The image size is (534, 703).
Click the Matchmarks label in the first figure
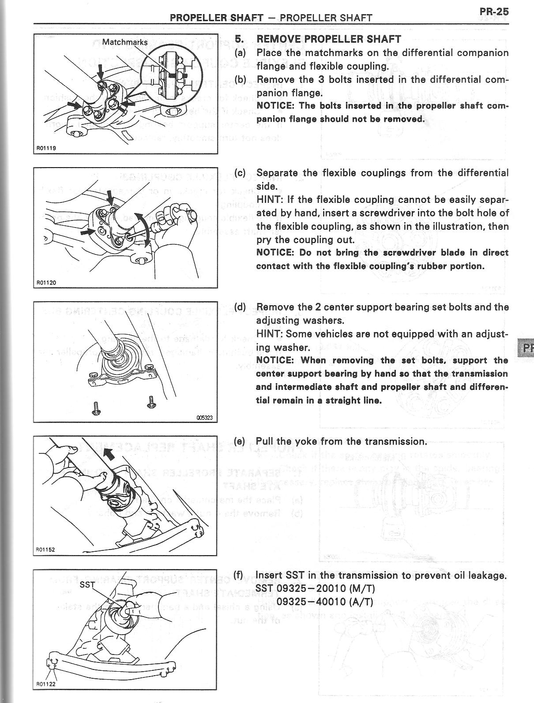[125, 42]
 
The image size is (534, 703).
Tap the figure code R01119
[45, 149]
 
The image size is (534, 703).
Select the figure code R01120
[45, 283]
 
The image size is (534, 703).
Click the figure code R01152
[45, 549]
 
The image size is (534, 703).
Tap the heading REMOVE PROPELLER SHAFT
[329, 39]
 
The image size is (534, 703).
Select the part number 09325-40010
[311, 602]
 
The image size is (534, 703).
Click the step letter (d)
[240, 307]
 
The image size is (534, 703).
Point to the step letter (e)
[240, 441]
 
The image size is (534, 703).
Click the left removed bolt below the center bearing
[96, 408]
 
